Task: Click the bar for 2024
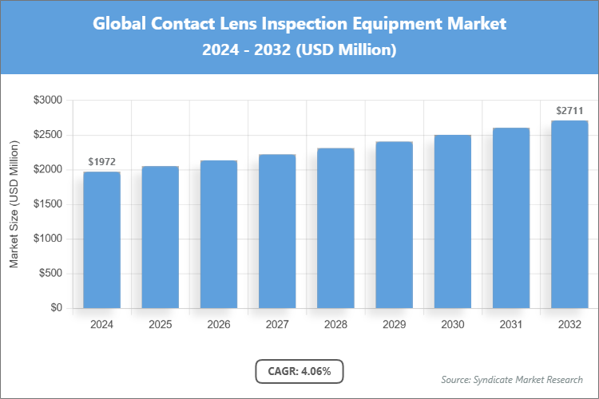point(101,239)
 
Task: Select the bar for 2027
point(277,231)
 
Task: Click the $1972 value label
point(101,162)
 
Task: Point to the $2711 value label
point(569,111)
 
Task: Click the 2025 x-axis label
point(160,325)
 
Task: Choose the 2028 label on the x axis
point(335,325)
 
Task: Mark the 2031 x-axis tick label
point(511,325)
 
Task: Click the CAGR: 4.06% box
point(299,371)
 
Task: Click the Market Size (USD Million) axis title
point(14,204)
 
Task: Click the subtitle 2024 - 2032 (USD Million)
point(299,50)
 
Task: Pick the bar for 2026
point(219,235)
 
